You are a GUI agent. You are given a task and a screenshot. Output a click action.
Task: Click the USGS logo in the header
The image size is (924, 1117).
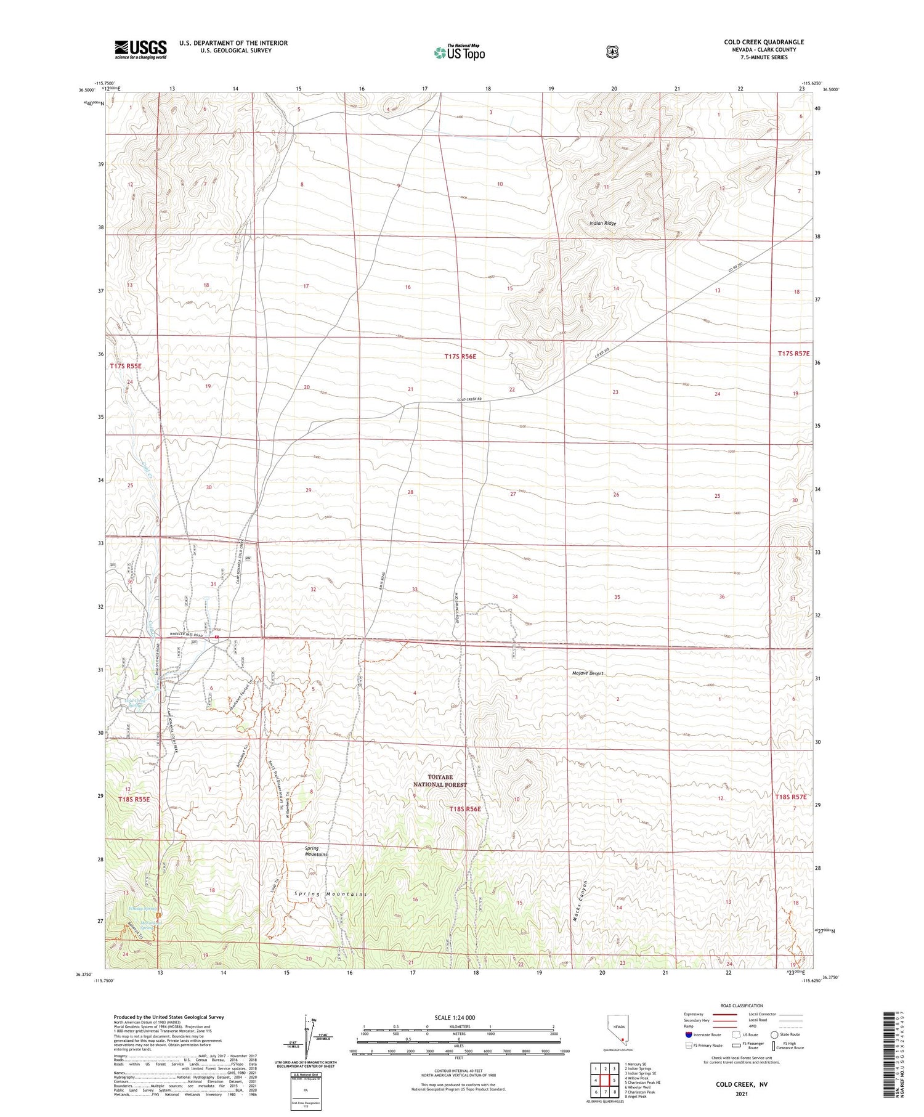pos(140,49)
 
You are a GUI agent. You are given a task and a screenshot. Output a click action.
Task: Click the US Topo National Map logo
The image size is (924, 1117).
pos(459,52)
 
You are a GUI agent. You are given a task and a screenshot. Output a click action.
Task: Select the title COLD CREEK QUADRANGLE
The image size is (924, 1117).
pos(764,42)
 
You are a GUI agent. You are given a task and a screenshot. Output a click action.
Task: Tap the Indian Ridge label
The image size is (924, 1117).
pos(602,223)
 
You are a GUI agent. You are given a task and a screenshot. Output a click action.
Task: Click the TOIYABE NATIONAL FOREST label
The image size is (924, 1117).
pos(440,781)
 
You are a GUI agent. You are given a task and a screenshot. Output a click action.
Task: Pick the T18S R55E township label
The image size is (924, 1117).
pos(134,799)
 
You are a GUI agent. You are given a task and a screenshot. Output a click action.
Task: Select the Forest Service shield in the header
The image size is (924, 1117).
pos(612,52)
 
